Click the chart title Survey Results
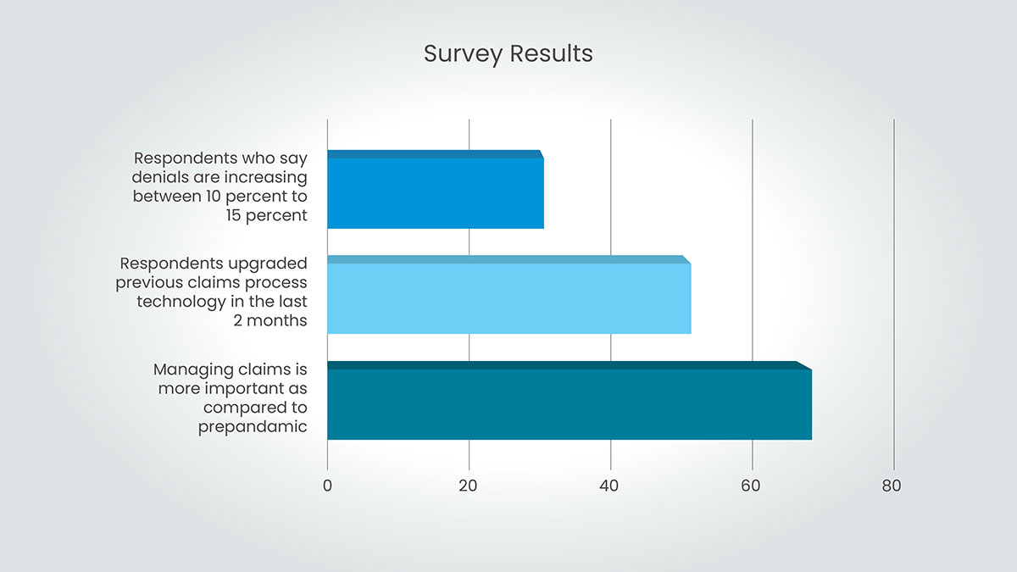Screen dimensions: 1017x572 coord(508,54)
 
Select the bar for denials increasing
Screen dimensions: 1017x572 coord(436,189)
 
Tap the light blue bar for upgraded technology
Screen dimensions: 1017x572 coord(509,295)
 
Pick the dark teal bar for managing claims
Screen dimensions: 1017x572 coord(570,400)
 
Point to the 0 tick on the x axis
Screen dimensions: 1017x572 coord(327,486)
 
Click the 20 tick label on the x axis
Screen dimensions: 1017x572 coord(468,486)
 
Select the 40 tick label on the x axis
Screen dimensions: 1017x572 coord(609,486)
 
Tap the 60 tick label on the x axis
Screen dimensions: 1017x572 coord(751,486)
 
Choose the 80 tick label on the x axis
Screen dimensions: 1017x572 coord(892,486)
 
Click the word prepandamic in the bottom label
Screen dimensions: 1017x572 coord(253,427)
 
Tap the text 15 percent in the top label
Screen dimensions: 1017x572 coord(266,215)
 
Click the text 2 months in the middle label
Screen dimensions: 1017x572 coord(270,320)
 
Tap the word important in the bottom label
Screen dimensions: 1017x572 coord(244,389)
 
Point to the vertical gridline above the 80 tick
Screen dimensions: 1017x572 coord(894,295)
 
